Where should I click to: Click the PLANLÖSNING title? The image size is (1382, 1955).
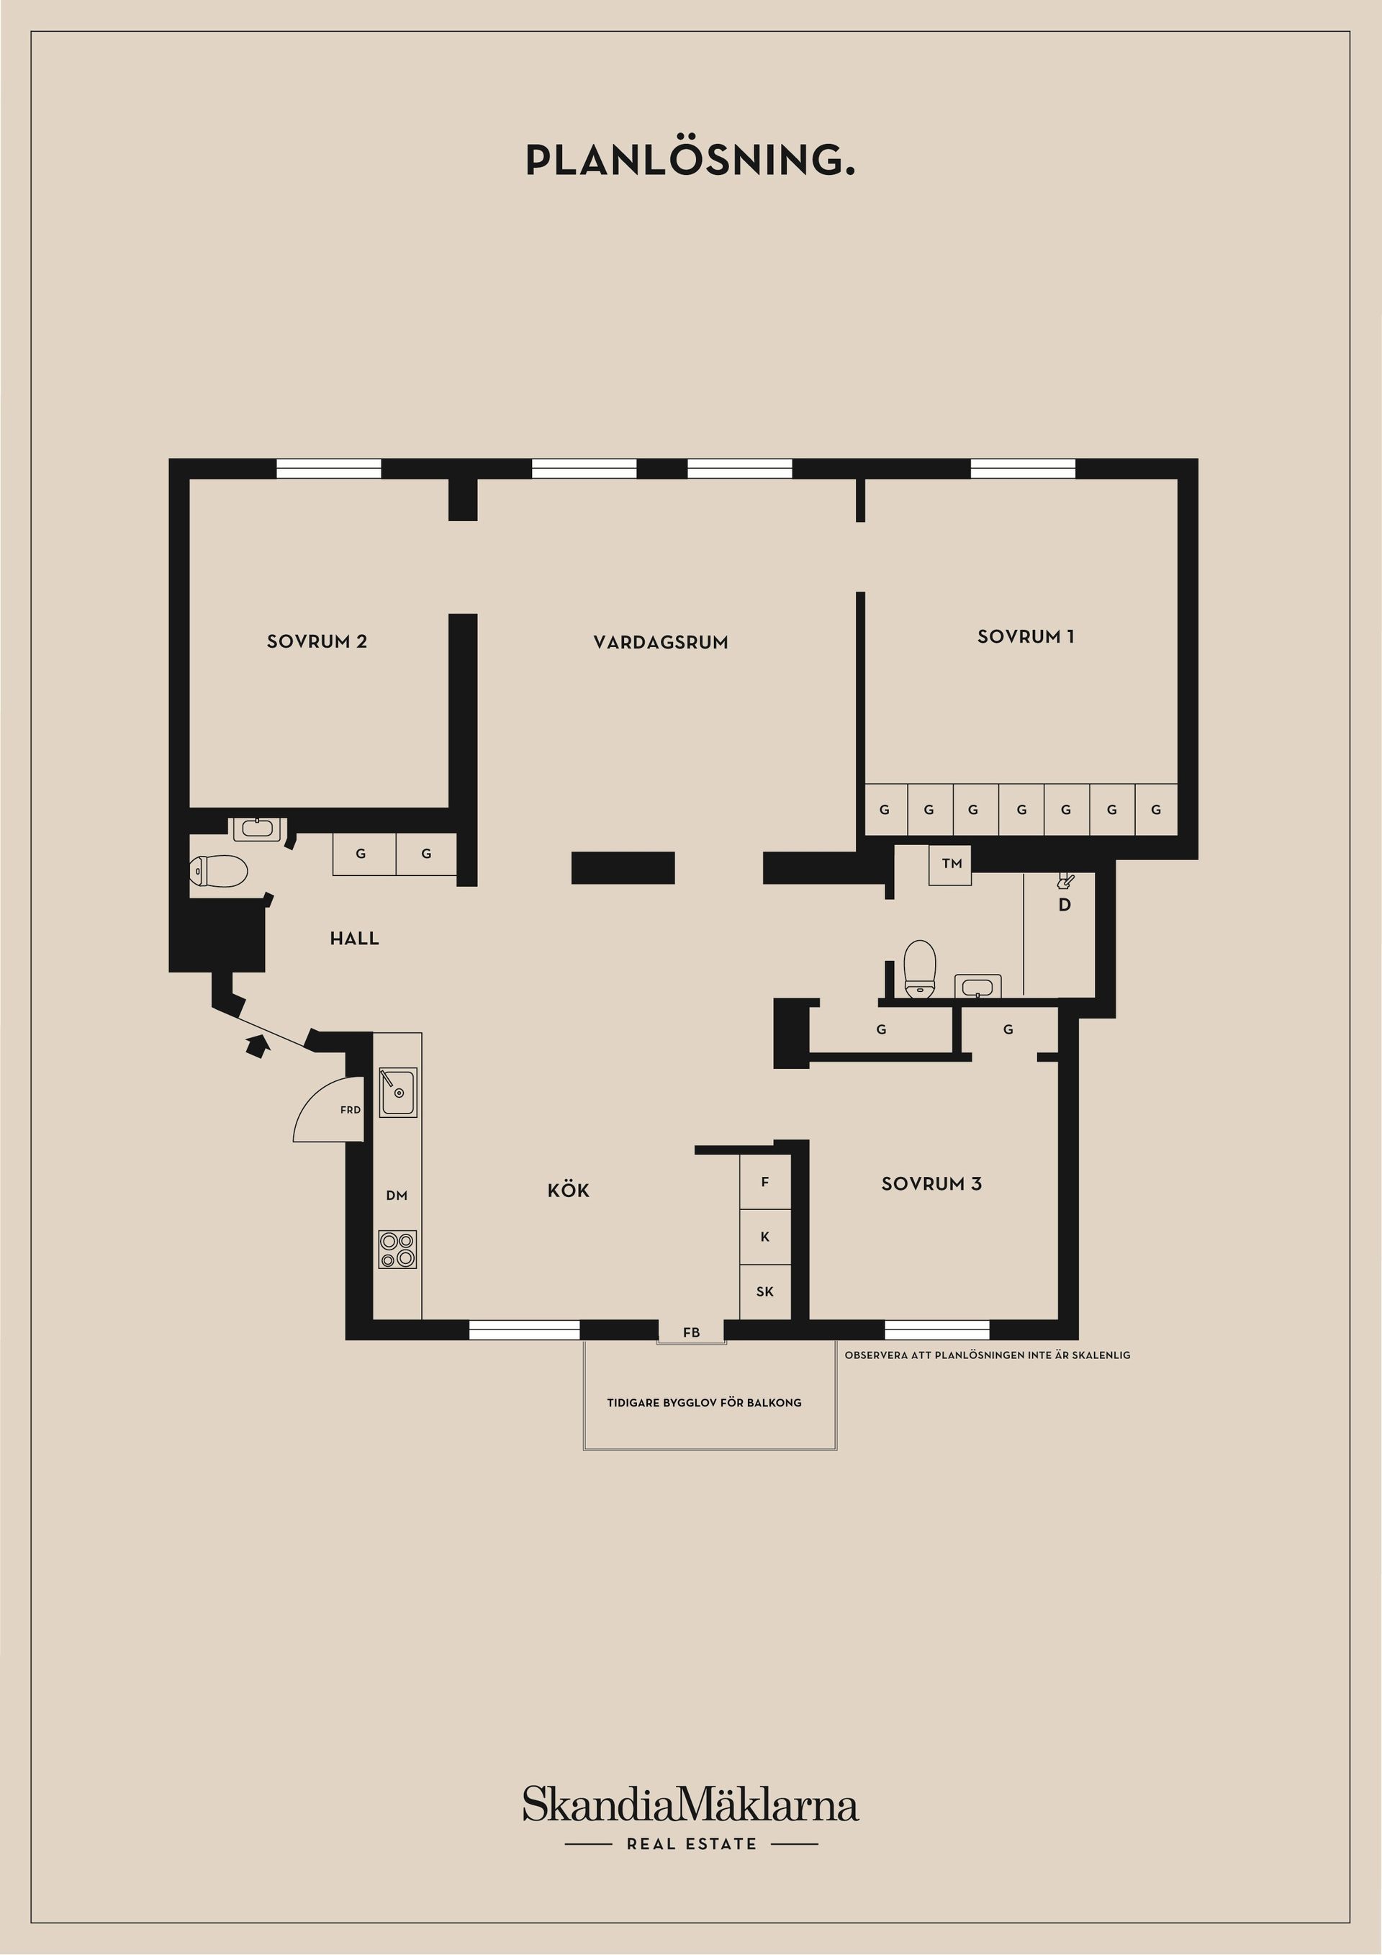(x=690, y=159)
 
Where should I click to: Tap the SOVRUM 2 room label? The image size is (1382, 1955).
(x=317, y=642)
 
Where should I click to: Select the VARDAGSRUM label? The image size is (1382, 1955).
(x=661, y=643)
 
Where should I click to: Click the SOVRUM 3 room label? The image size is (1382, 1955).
(x=931, y=1183)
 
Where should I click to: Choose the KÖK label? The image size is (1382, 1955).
(x=568, y=1190)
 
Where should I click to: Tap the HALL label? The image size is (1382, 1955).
(x=354, y=939)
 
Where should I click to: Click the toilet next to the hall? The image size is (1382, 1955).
(x=218, y=871)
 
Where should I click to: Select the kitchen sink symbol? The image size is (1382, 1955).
(x=397, y=1093)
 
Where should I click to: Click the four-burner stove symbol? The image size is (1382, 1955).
(x=397, y=1249)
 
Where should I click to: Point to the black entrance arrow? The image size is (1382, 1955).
(x=256, y=1046)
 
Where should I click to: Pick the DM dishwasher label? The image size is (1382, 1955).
(x=397, y=1196)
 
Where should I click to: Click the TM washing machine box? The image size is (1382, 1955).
(x=950, y=864)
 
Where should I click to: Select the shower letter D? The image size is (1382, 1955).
(x=1065, y=905)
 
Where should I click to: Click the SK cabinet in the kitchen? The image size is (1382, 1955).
(x=764, y=1291)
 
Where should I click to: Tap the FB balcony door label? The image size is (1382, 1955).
(x=692, y=1332)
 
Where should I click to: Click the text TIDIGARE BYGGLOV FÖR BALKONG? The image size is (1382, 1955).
(x=704, y=1402)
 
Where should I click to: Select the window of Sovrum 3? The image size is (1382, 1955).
(x=936, y=1330)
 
